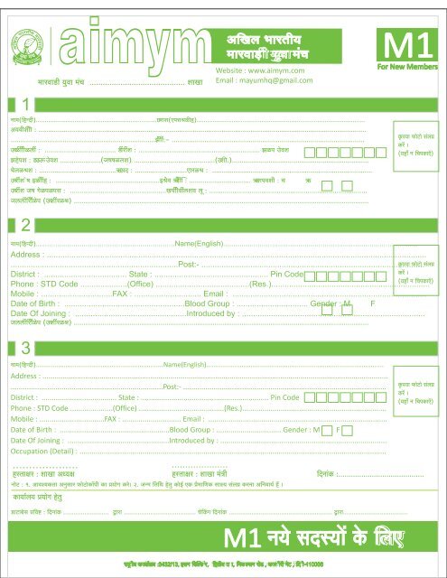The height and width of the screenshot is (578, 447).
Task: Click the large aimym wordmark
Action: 129,49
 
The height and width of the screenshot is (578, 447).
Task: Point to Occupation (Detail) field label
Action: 44,450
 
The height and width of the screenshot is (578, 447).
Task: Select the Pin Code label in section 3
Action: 284,397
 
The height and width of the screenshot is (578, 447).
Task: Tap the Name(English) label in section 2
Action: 197,244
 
